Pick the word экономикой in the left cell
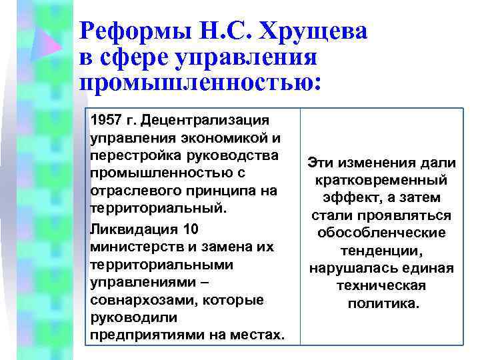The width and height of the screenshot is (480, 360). click(x=215, y=138)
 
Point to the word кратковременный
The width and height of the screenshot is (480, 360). click(x=383, y=181)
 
